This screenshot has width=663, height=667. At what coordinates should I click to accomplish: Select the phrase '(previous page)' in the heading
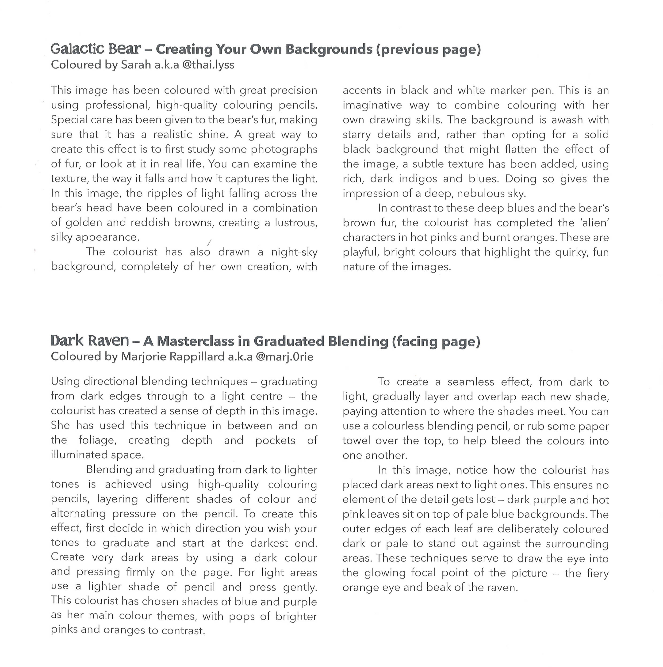point(428,49)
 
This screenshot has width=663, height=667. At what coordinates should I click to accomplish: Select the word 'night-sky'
point(294,252)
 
